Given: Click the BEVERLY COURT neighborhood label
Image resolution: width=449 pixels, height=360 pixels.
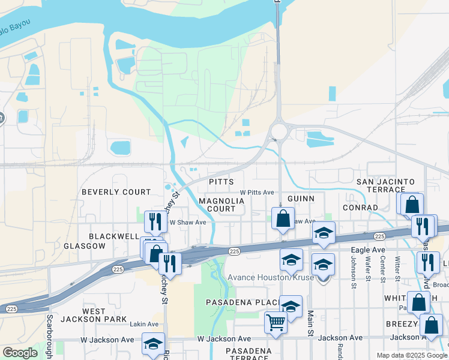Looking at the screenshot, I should (x=116, y=192).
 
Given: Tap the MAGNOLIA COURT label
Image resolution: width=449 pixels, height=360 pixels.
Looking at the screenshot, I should (x=217, y=205).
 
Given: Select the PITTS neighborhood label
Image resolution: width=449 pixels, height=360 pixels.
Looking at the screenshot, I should (x=220, y=181).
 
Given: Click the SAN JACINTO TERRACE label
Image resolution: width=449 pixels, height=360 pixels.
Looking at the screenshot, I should (x=385, y=185).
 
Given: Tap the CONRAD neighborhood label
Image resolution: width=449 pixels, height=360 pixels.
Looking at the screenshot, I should (x=360, y=208).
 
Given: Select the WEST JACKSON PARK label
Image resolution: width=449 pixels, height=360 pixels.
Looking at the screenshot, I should (x=104, y=315).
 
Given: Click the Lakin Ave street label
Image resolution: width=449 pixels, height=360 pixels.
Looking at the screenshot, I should (x=144, y=324).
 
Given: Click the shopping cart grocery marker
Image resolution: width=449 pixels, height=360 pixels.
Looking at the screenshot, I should (x=276, y=322).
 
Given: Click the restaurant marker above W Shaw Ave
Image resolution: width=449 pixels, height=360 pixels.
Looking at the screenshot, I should (x=155, y=221).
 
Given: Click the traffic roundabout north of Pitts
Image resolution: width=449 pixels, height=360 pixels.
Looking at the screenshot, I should (x=279, y=130).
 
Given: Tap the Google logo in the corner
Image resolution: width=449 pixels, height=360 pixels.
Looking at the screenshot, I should (x=20, y=353).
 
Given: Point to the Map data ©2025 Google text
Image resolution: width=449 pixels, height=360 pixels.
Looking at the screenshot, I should (x=411, y=355).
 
